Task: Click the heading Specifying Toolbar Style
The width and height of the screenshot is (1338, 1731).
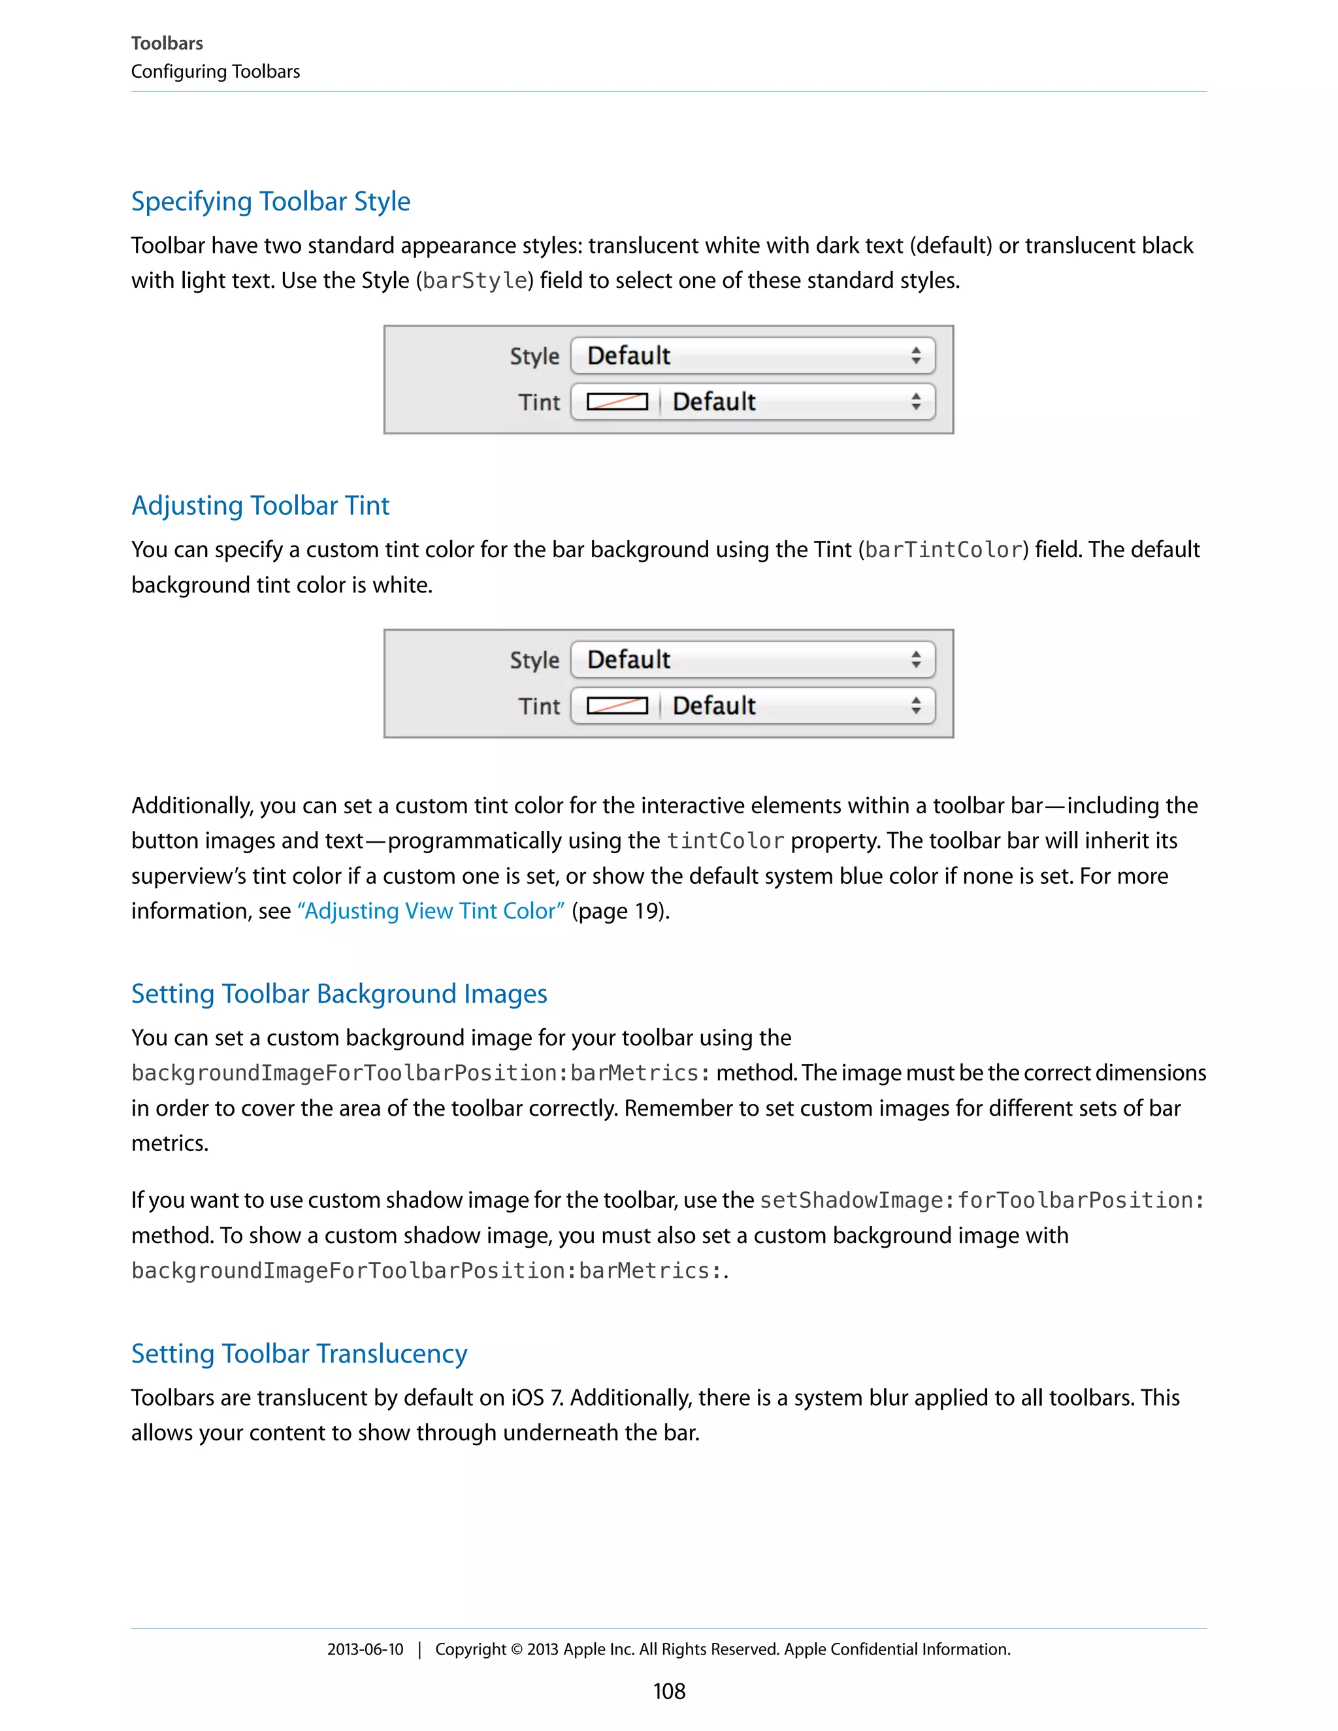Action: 270,201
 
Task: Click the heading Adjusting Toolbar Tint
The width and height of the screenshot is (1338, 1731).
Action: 260,506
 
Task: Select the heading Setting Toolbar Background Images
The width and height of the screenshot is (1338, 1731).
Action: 338,994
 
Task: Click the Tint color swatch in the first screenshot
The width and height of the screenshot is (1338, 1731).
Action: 617,402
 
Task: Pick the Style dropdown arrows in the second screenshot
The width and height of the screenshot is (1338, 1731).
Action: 915,660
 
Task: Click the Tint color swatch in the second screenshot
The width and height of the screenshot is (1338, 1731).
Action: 617,706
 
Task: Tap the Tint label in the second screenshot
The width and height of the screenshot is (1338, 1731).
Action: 539,706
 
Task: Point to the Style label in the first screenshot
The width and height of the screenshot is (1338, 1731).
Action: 534,357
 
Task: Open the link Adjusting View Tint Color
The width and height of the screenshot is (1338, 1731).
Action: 431,911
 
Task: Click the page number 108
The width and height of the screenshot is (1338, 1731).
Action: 669,1691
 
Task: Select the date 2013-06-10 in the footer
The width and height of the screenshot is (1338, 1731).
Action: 365,1649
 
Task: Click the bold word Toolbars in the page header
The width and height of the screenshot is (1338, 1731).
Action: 167,44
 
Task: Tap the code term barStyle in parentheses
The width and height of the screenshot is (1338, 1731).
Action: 475,281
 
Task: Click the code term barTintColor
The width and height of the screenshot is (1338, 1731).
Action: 943,550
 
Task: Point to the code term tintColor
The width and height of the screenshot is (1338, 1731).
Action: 725,841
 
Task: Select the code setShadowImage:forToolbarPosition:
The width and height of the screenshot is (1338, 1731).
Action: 981,1201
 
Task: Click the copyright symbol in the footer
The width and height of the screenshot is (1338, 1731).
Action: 516,1649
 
